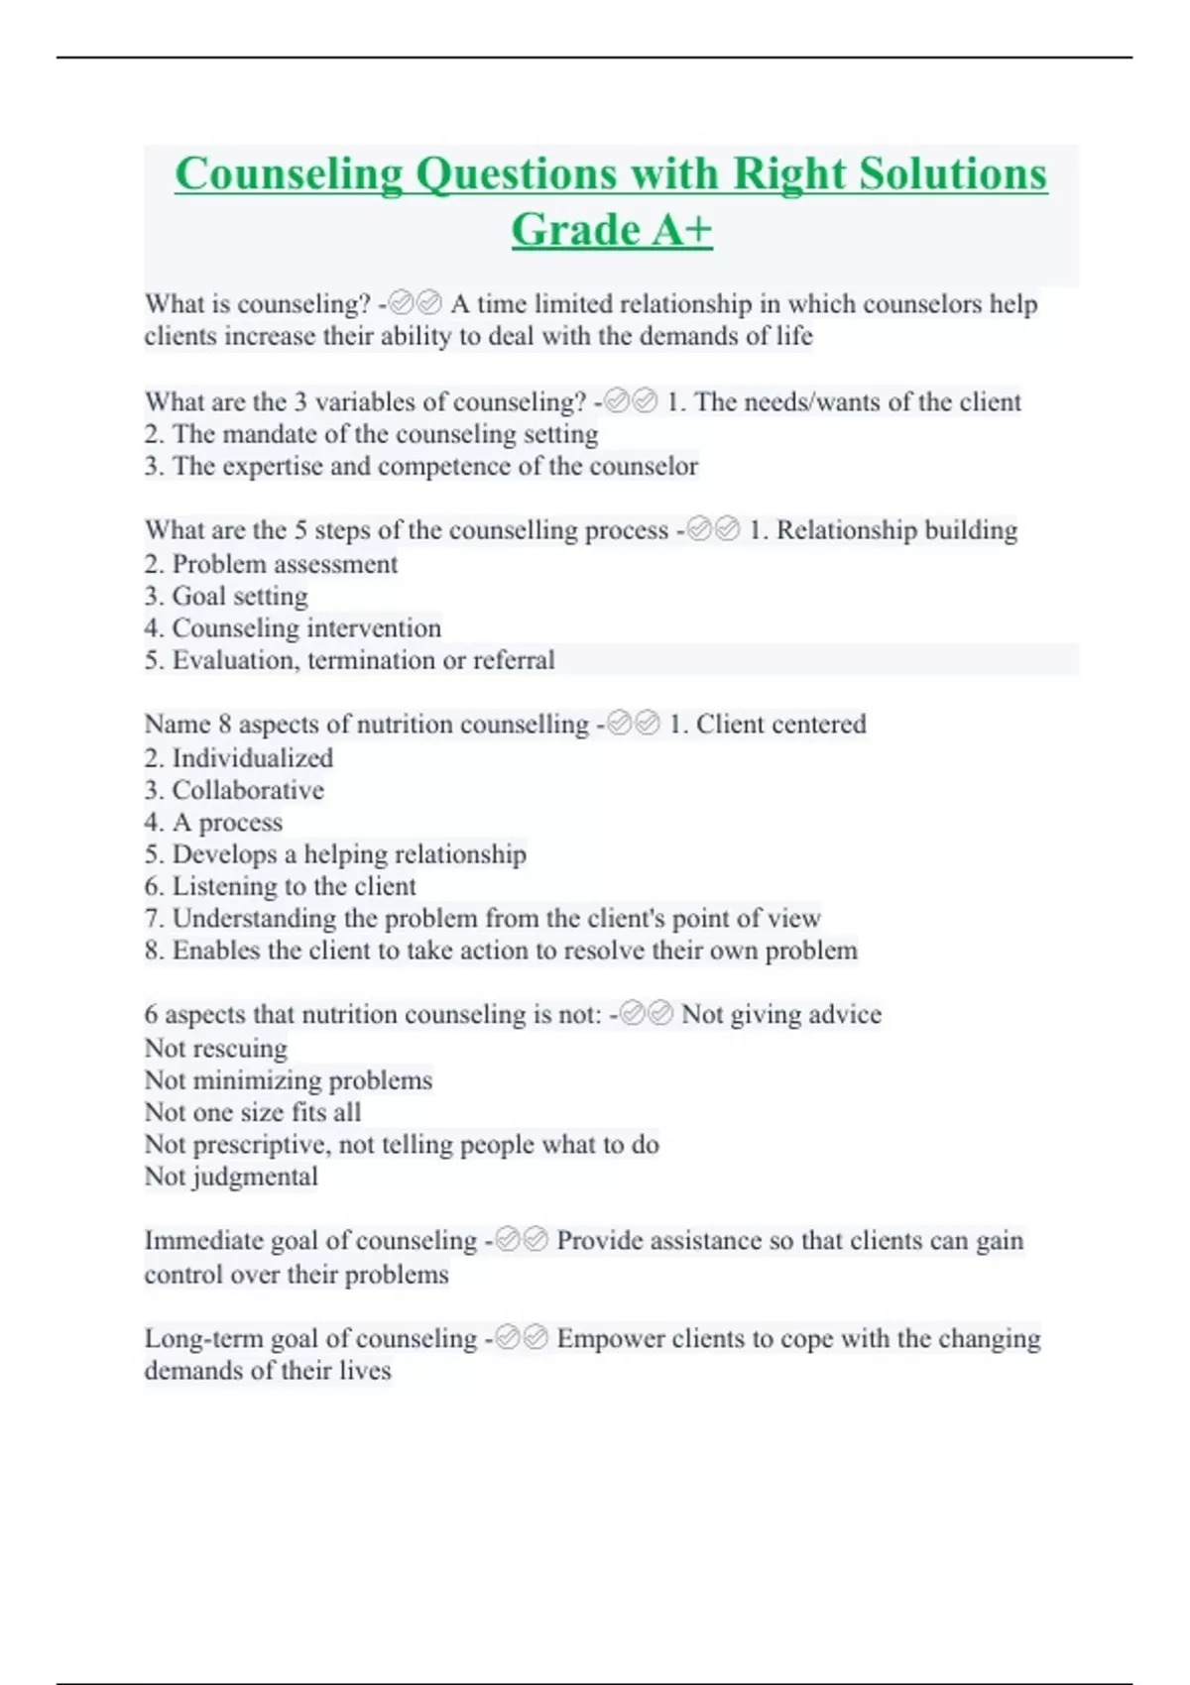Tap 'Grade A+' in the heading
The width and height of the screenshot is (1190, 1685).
612,230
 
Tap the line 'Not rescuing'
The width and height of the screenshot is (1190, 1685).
216,1049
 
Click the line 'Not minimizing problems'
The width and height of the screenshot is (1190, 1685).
289,1080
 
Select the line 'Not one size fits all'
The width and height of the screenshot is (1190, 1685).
253,1112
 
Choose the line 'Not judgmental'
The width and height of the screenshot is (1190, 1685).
231,1177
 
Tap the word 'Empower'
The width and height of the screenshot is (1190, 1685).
610,1339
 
